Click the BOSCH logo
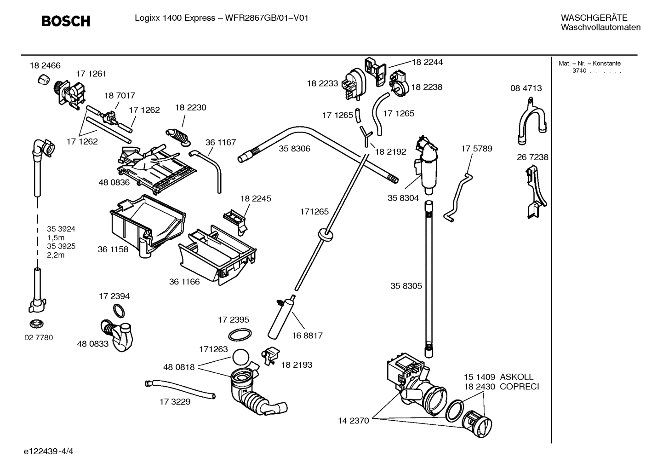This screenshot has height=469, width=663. coord(65,21)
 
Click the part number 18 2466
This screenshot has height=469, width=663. coord(45,66)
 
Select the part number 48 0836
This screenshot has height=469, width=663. coord(114,182)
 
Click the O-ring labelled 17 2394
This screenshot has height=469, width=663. coord(119,311)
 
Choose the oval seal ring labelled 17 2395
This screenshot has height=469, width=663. coord(240,335)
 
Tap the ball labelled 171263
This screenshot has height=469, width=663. coord(241,358)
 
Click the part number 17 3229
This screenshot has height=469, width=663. coord(175,402)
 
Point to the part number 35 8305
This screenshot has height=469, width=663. coord(406,286)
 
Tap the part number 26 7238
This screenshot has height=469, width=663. coord(532,157)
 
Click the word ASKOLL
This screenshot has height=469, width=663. coord(517,377)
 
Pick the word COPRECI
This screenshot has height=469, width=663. coord(519,387)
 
